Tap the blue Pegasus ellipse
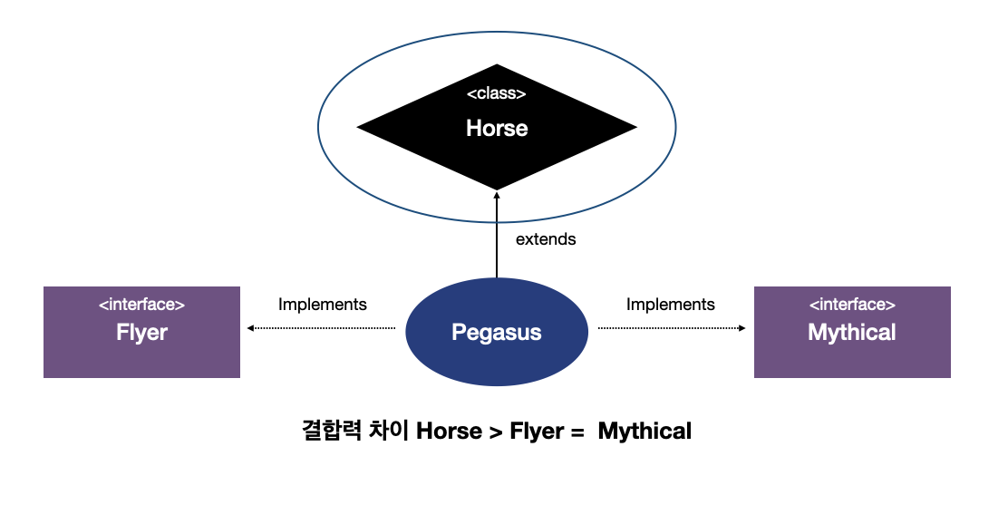[x=497, y=332]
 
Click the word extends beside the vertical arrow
[x=546, y=240]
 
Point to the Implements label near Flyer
[x=323, y=305]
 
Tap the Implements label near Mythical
[x=671, y=305]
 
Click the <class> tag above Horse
[x=497, y=93]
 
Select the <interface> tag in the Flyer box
[x=141, y=306]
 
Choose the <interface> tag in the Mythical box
[x=852, y=306]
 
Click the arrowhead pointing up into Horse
[x=497, y=196]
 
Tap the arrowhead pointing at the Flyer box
[x=249, y=328]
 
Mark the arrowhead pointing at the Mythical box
[x=743, y=328]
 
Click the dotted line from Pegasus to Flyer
[x=326, y=328]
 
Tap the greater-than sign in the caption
[x=495, y=432]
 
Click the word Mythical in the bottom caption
[x=645, y=432]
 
